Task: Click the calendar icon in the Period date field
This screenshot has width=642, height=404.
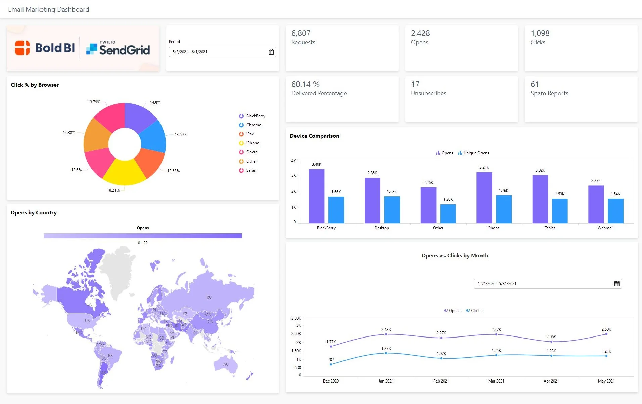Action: click(271, 52)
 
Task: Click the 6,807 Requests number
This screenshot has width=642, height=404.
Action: click(301, 33)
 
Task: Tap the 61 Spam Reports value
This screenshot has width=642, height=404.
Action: click(535, 84)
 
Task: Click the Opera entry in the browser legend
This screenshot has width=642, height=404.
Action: click(251, 152)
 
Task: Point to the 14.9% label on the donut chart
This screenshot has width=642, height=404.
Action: click(155, 103)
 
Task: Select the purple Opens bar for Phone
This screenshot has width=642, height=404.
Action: click(484, 198)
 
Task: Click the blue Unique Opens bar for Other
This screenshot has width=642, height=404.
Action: click(448, 214)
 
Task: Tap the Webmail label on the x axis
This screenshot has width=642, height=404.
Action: click(605, 228)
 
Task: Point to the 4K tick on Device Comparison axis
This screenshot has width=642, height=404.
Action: click(293, 161)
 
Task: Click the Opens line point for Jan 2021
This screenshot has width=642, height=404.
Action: click(386, 334)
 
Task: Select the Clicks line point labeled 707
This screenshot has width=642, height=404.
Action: click(331, 364)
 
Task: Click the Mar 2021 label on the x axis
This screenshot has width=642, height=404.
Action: click(496, 381)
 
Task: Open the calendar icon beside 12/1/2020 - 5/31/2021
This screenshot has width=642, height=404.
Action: click(616, 284)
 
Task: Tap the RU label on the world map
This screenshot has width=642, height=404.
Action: click(209, 297)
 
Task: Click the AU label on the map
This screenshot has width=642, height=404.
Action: click(226, 364)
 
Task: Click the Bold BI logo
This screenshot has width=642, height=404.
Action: click(45, 48)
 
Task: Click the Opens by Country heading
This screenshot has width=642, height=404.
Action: click(34, 213)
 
